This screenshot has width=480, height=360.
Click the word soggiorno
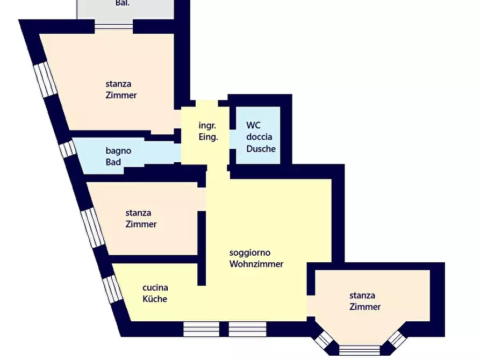pyautogui.click(x=250, y=253)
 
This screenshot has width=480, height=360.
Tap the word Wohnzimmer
pyautogui.click(x=256, y=264)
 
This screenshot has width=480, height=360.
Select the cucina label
pyautogui.click(x=155, y=288)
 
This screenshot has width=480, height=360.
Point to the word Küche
pyautogui.click(x=155, y=299)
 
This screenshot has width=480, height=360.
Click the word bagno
pyautogui.click(x=118, y=151)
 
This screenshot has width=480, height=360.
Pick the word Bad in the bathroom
pyautogui.click(x=113, y=162)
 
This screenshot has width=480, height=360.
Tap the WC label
pyautogui.click(x=253, y=125)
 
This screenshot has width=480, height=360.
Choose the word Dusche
pyautogui.click(x=261, y=149)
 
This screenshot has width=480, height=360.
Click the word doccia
pyautogui.click(x=259, y=137)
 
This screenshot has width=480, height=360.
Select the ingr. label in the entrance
pyautogui.click(x=207, y=126)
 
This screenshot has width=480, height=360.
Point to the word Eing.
pyautogui.click(x=208, y=137)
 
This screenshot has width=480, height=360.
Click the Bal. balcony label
pyautogui.click(x=123, y=3)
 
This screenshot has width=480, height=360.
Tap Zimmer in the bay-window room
pyautogui.click(x=365, y=307)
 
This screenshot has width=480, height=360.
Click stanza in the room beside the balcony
pyautogui.click(x=118, y=84)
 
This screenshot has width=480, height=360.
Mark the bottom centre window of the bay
pyautogui.click(x=360, y=350)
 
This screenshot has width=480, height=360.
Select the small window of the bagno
pyautogui.click(x=68, y=149)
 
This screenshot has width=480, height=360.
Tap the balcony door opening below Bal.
pyautogui.click(x=113, y=26)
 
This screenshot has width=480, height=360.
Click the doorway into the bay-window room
pyautogui.click(x=311, y=306)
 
